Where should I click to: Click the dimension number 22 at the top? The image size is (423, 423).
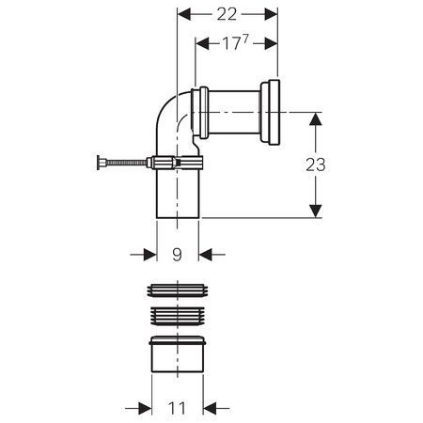[x=227, y=14]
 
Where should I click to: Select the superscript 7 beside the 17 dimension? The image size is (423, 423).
[x=245, y=39]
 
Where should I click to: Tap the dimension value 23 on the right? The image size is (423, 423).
[x=316, y=164]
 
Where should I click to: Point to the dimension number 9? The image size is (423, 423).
[x=178, y=255]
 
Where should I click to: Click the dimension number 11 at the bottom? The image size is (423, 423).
[x=177, y=408]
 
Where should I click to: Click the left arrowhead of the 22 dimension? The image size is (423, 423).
[x=184, y=14]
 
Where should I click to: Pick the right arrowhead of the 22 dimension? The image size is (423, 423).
[x=271, y=14]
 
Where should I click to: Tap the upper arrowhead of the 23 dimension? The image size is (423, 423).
[x=316, y=119]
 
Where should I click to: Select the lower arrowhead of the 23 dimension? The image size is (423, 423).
[x=316, y=211]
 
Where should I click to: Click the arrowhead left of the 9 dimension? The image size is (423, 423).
[x=150, y=255]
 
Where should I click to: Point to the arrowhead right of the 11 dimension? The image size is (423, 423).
[x=210, y=408]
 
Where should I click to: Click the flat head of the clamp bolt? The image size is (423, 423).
[x=99, y=163]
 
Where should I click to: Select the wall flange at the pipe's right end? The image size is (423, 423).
[x=271, y=113]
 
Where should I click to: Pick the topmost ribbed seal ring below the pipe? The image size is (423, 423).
[x=178, y=290]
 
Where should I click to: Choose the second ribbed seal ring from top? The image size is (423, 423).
[x=178, y=316]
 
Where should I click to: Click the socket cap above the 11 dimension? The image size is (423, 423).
[x=178, y=354]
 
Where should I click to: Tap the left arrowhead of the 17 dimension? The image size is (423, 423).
[x=202, y=43]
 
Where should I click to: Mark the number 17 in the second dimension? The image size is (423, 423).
[x=231, y=43]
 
